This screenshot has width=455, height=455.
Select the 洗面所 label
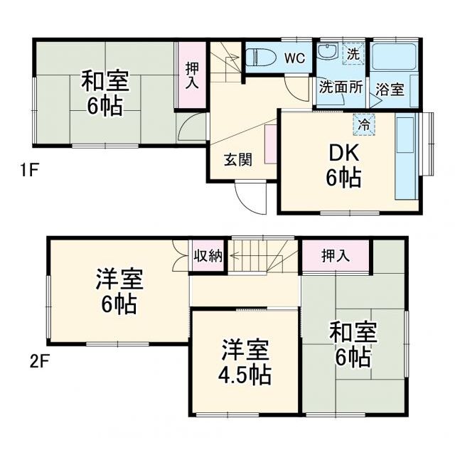pos(341,88)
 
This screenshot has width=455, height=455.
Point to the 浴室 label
pos(390,90)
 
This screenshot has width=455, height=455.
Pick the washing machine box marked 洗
pos(353,53)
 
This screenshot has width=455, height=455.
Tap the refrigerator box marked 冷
pos(365,123)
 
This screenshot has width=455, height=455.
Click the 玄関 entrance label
pos(238,160)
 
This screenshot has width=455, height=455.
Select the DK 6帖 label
pos(344,165)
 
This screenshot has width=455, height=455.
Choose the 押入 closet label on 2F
pos(336,257)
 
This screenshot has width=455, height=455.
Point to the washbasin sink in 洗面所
pos(328,53)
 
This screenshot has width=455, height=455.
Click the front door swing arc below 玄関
pos(250,199)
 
